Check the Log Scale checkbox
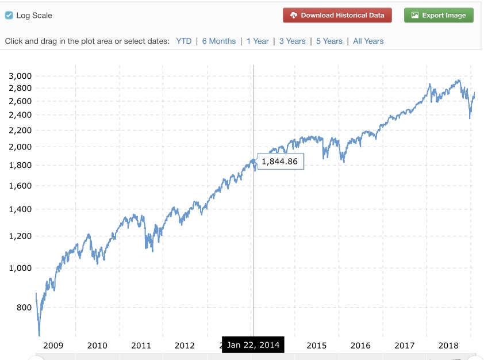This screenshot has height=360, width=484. pyautogui.click(x=9, y=16)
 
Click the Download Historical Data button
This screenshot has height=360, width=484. pyautogui.click(x=337, y=16)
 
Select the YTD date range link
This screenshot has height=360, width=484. pyautogui.click(x=184, y=41)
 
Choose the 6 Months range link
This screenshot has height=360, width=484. pyautogui.click(x=219, y=41)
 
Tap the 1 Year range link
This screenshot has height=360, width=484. pyautogui.click(x=258, y=41)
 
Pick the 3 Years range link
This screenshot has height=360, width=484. pyautogui.click(x=293, y=41)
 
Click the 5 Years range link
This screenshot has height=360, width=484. pyautogui.click(x=329, y=41)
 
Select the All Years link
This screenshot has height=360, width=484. pyautogui.click(x=368, y=41)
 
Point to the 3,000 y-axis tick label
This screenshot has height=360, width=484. pyautogui.click(x=20, y=76)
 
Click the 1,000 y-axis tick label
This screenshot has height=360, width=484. pyautogui.click(x=20, y=268)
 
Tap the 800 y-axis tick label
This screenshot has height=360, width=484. pyautogui.click(x=24, y=308)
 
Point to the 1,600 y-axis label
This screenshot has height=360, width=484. pyautogui.click(x=20, y=186)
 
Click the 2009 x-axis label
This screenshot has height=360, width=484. pyautogui.click(x=53, y=346)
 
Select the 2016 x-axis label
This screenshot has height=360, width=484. pyautogui.click(x=360, y=346)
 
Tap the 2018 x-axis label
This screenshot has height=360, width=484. pyautogui.click(x=448, y=346)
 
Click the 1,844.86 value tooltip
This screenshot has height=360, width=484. pyautogui.click(x=280, y=162)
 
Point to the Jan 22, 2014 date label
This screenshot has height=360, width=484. pyautogui.click(x=253, y=345)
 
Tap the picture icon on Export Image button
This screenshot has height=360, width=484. pyautogui.click(x=415, y=16)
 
